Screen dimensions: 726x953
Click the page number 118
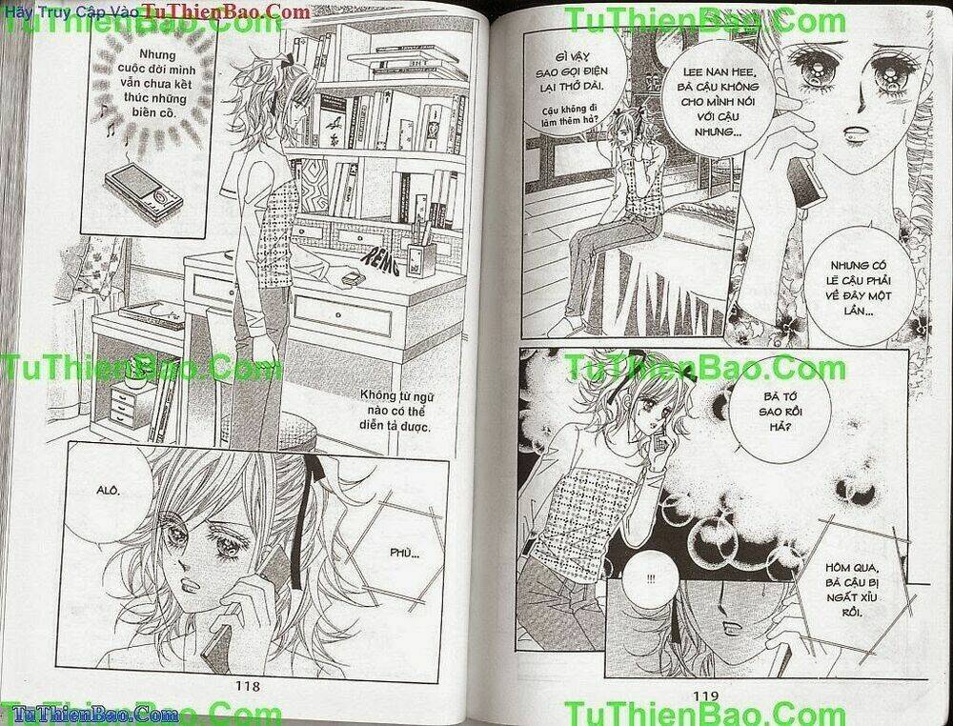tap(253, 685)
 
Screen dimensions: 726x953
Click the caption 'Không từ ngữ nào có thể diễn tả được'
tap(395, 411)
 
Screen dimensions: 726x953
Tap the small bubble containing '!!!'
tap(650, 579)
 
